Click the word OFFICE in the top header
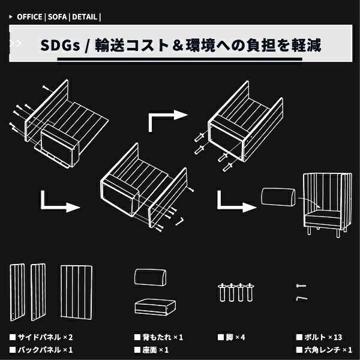(29, 17)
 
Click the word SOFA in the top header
(57, 17)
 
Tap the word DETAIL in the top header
(85, 17)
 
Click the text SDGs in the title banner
(60, 45)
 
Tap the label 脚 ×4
(231, 337)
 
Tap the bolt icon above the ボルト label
(301, 285)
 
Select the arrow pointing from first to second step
(60, 202)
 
